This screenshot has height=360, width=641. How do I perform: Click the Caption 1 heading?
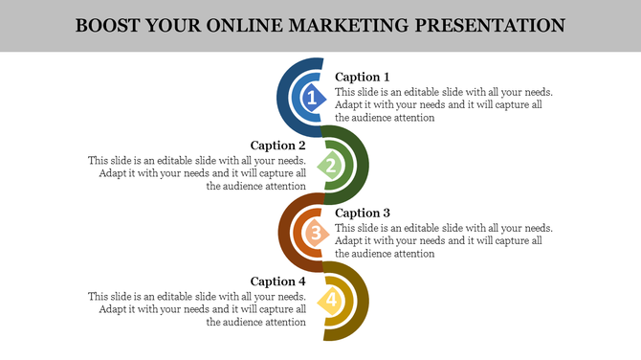pyautogui.click(x=363, y=77)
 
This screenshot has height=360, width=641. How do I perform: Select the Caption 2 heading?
pyautogui.click(x=277, y=146)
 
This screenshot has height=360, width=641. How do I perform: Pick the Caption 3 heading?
pyautogui.click(x=363, y=213)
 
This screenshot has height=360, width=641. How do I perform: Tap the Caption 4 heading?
pyautogui.click(x=277, y=281)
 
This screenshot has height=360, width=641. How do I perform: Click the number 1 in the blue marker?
pyautogui.click(x=311, y=97)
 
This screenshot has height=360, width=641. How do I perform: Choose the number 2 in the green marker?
pyautogui.click(x=331, y=166)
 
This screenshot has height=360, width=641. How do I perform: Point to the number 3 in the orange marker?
pyautogui.click(x=313, y=233)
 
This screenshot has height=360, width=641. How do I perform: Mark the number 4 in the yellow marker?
pyautogui.click(x=331, y=301)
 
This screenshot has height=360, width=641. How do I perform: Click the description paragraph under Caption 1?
pyautogui.click(x=444, y=105)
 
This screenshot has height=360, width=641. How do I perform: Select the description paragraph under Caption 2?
pyautogui.click(x=197, y=174)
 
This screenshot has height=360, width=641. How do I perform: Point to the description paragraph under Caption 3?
pyautogui.click(x=444, y=241)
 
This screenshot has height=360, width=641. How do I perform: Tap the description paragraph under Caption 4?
pyautogui.click(x=197, y=310)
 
